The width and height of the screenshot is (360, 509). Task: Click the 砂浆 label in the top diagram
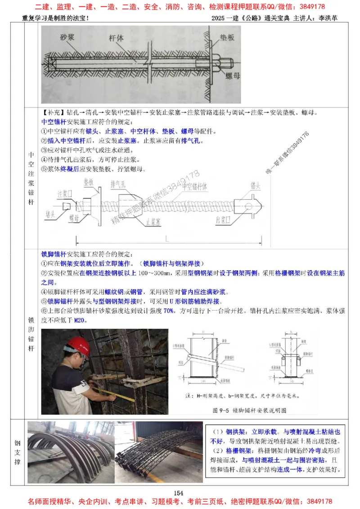coord(68,37)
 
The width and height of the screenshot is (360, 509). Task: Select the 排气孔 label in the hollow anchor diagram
coord(118,183)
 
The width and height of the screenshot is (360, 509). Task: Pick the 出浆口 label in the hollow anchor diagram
coord(224,219)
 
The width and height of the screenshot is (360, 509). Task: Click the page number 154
coord(180,493)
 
